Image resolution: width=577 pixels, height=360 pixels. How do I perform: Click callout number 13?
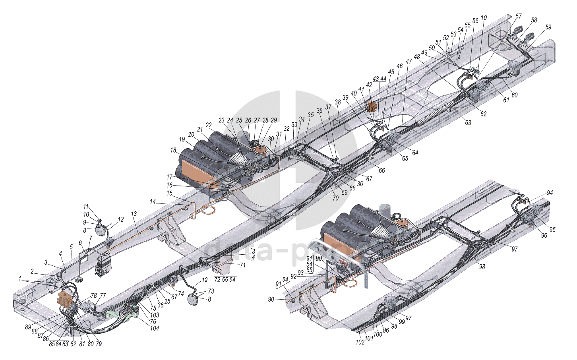coord(134,214)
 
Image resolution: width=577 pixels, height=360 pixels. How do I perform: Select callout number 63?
coord(468,123)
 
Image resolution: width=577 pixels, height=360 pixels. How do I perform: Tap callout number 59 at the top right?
coord(548,27)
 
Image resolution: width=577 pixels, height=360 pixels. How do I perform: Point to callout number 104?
coord(155,328)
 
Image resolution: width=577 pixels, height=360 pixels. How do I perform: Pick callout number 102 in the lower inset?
coord(360,342)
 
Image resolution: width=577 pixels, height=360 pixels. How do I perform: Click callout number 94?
coord(550,193)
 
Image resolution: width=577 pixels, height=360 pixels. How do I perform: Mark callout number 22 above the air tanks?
coord(209,125)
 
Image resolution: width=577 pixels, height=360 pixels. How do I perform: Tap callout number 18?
coord(173,150)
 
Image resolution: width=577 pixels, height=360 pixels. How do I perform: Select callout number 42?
coord(369,85)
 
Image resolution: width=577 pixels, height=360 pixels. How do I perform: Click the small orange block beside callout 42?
coord(372,106)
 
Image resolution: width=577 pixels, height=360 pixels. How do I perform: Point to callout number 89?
coord(28,327)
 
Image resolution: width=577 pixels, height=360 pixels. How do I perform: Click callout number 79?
coord(99,344)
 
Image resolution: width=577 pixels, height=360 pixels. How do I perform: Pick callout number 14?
coord(153,202)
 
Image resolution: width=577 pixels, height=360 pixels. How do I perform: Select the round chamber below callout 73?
coord(194,300)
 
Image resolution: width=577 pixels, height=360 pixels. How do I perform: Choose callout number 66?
coord(381,170)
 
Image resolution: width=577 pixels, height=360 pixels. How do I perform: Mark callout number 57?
coord(519,16)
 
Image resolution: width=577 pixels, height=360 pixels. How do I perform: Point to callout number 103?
coord(155,315)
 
